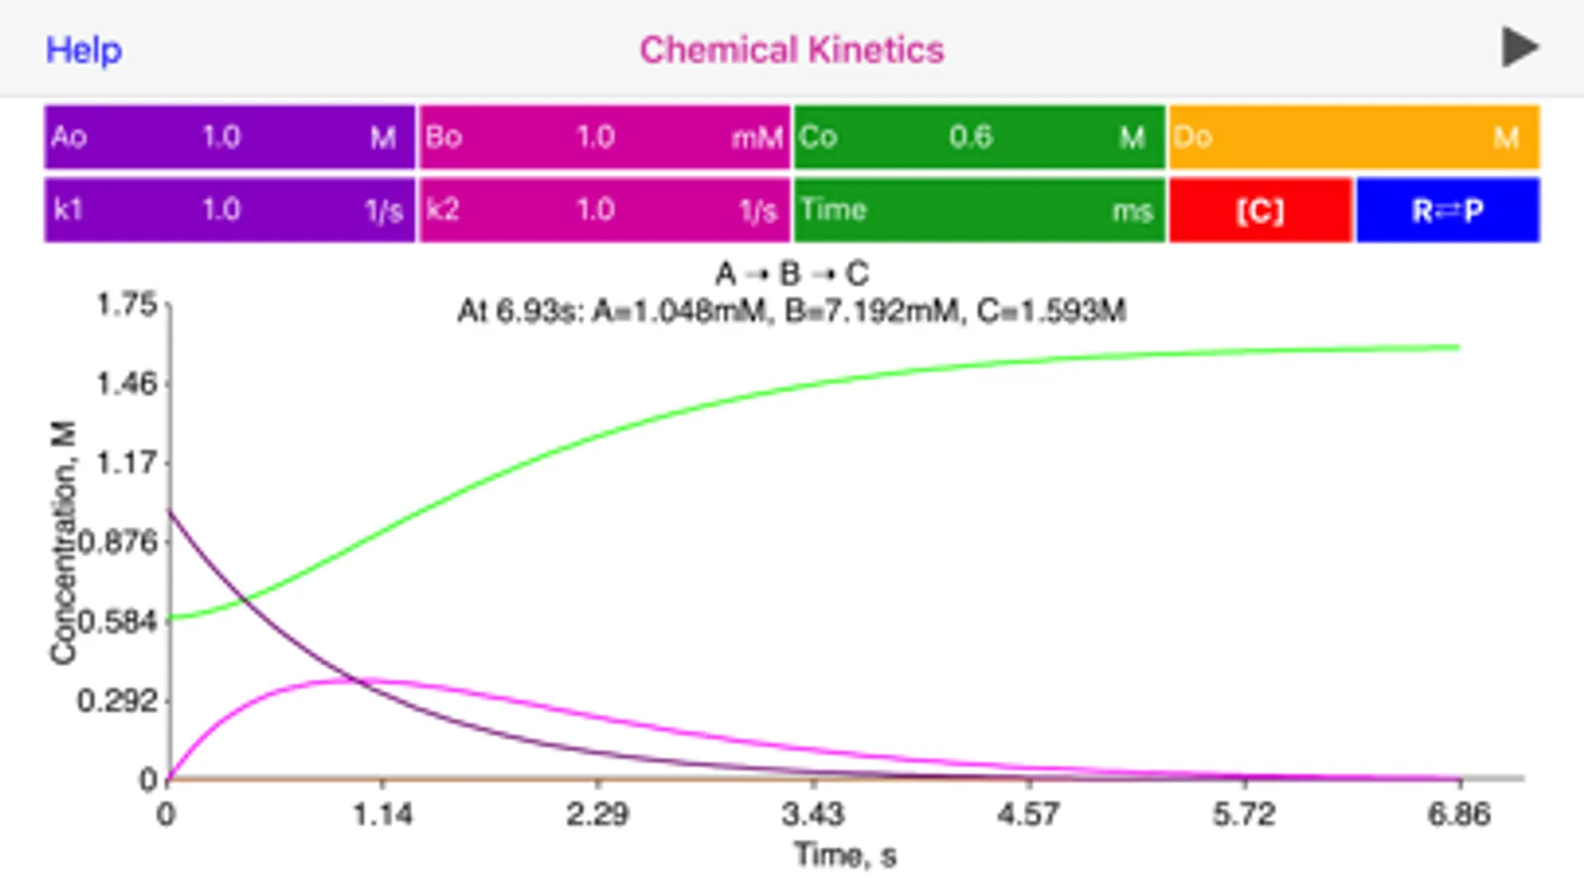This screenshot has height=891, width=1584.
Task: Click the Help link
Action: [84, 49]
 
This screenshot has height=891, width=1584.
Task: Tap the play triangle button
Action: [1520, 48]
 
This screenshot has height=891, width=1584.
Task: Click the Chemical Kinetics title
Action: [792, 49]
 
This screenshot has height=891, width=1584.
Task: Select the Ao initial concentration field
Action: [229, 137]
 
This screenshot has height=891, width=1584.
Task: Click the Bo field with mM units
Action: [604, 137]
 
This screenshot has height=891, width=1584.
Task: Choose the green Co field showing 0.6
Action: [979, 137]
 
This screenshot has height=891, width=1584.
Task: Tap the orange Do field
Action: [1353, 137]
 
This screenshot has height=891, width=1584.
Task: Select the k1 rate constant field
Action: [229, 210]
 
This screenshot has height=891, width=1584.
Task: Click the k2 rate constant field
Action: [604, 210]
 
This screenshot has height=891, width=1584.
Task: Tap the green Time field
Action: [979, 210]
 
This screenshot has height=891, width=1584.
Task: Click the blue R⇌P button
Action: [1447, 210]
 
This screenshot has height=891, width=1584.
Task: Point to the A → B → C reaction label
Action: [792, 273]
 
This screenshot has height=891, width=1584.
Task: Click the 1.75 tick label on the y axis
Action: [126, 304]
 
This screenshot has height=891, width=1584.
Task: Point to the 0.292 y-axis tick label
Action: [117, 701]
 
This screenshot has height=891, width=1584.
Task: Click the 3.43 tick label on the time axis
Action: [812, 815]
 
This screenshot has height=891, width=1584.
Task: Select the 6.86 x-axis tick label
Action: [1458, 815]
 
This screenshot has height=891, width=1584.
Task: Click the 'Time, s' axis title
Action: [845, 854]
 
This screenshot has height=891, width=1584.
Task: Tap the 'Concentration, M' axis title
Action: [63, 543]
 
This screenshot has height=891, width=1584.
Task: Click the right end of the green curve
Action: [1456, 347]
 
